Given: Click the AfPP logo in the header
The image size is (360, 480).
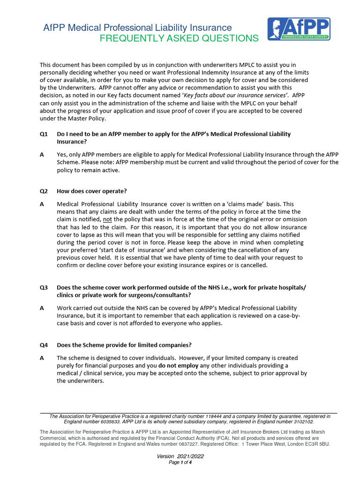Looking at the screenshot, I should pos(299,29).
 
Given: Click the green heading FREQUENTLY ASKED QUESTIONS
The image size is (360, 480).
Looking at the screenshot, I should pos(179,38).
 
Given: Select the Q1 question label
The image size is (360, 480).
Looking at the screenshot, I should pos(44,134).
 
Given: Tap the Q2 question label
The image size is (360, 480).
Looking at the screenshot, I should pos(44,191).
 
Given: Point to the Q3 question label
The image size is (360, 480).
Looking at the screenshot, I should pos(44,287).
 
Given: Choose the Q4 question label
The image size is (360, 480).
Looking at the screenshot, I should pos(44,345).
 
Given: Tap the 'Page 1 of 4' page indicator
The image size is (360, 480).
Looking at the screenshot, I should pos(180,463).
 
